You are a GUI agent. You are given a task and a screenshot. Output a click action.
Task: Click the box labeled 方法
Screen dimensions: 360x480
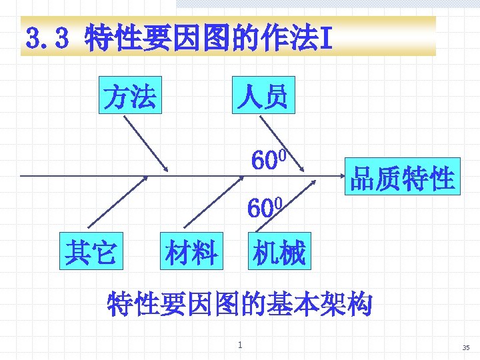coord(130,97)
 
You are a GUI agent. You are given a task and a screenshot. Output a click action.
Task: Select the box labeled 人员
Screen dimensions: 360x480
coord(261,97)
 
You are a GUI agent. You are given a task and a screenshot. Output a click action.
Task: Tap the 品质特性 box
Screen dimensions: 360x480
coord(402,176)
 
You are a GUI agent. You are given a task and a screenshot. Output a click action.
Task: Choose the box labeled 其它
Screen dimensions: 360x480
coord(91,251)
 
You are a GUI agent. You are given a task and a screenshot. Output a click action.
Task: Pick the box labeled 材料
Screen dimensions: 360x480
coord(191,253)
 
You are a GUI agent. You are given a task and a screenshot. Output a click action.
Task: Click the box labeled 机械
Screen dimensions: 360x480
coord(278,253)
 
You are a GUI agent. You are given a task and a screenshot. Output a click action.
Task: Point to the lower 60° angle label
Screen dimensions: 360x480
coord(265,207)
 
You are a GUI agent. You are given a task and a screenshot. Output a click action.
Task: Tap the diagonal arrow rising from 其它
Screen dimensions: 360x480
coord(117,205)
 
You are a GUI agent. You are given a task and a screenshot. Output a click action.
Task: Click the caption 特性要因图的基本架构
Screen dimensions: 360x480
coord(239,303)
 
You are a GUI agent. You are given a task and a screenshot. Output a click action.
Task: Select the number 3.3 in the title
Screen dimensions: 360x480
coord(47,38)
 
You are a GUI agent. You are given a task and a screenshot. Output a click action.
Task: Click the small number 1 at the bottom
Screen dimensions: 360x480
coord(240,345)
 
